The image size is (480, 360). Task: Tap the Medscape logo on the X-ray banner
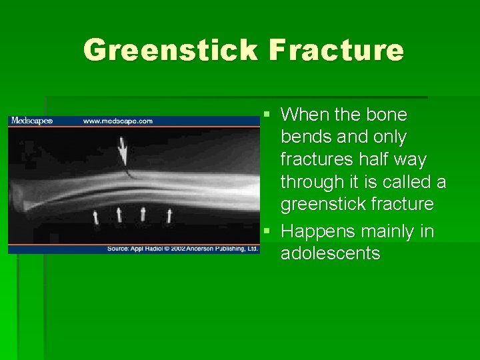[31, 121]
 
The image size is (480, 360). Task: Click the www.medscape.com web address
[117, 121]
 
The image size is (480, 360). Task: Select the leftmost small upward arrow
[95, 215]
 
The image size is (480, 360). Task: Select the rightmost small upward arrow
[169, 215]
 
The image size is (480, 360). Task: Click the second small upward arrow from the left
[119, 214]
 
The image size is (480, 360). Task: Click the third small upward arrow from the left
[143, 213]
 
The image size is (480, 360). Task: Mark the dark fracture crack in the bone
[129, 175]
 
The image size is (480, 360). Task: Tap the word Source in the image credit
[121, 249]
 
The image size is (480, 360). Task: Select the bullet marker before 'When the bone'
[267, 115]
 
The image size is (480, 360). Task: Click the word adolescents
[331, 254]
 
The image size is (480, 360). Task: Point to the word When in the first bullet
[304, 115]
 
